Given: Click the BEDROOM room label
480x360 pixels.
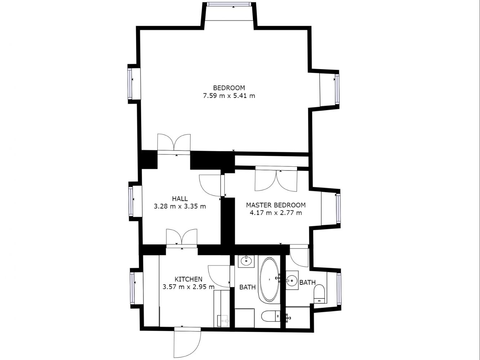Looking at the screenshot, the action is tap(229, 88).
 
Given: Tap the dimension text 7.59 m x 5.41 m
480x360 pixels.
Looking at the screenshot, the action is tap(229, 96).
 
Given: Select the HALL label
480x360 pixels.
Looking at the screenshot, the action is tap(180, 199).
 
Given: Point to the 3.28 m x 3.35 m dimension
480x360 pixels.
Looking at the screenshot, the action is tap(180, 206).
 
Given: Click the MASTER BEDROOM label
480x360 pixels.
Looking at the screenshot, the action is tap(276, 205).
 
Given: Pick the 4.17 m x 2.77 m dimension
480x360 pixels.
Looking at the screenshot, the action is tap(276, 213).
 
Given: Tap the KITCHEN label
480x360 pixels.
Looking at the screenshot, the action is tap(188, 279).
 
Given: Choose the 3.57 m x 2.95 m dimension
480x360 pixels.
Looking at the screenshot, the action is tap(188, 287).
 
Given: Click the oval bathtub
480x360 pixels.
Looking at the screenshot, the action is tap(269, 279).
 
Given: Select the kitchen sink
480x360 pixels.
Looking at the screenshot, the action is tap(223, 321).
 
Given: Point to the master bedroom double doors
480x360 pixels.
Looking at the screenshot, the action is tap(276, 179).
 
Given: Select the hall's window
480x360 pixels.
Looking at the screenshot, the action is tap(131, 201).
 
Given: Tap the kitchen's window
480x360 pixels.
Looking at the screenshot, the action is tap(132, 288).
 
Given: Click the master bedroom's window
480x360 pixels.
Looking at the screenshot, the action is tap(338, 208).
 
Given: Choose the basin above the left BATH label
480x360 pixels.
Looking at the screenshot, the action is tap(246, 261).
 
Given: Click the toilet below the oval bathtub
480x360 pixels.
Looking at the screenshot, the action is tap(271, 316).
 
